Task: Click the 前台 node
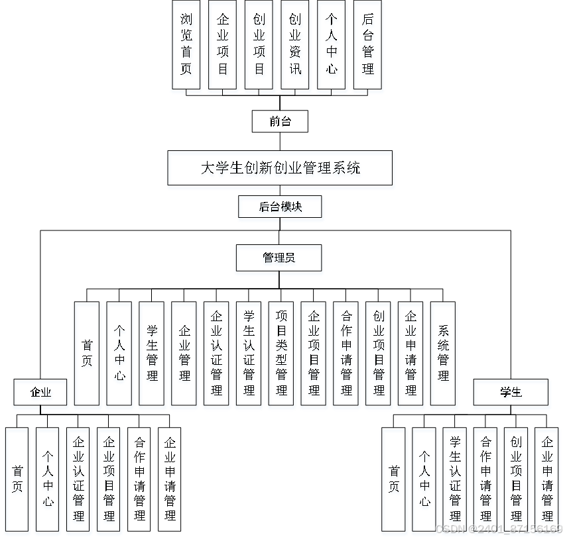coord(280,121)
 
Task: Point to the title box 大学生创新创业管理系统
coord(280,168)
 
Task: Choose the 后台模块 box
coord(280,207)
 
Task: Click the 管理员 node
coord(279,258)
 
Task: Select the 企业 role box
coord(41,392)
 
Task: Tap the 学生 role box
coord(511,392)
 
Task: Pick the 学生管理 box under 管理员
coord(152,353)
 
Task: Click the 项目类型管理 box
coord(281,353)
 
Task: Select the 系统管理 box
coord(443,353)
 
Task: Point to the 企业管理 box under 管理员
coord(184,353)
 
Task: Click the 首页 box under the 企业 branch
coord(17,479)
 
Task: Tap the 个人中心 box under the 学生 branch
coord(424,479)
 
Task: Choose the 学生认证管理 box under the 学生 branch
coord(455,479)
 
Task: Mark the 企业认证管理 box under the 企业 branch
coord(78,479)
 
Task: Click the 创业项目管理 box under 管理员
coord(379,353)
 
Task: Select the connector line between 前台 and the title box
coord(280,141)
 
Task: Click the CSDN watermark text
coord(497,529)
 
